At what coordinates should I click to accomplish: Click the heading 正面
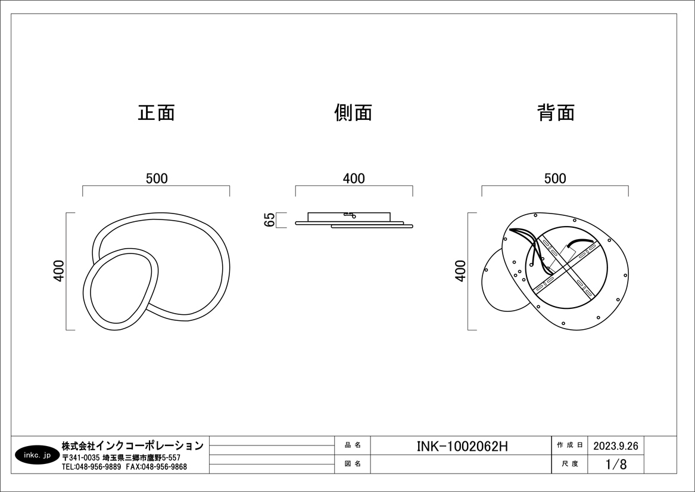157,113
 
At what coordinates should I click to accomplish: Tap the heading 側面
353,113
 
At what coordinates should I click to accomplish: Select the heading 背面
556,113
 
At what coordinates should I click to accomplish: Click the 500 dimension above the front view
157,178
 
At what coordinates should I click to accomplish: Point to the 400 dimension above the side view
354,178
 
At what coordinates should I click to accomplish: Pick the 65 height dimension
270,220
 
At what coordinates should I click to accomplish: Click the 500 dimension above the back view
555,178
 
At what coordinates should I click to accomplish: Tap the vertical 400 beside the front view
58,271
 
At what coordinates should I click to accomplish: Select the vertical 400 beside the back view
460,271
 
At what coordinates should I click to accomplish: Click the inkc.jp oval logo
38,455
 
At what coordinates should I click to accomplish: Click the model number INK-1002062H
462,446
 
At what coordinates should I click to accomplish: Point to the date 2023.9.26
616,446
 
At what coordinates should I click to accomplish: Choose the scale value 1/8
616,465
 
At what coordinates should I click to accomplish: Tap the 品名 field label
353,445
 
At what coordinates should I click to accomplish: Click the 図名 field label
353,464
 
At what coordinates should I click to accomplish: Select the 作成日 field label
569,445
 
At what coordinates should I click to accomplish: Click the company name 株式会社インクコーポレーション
133,445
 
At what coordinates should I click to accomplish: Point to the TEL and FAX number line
124,467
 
